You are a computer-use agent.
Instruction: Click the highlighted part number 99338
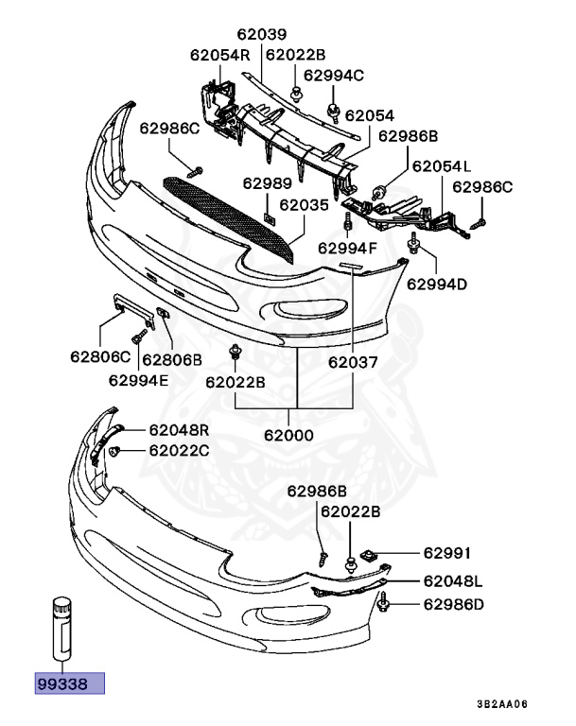coord(69,683)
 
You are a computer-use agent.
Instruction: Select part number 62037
coord(354,362)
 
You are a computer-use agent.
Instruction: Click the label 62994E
coord(138,381)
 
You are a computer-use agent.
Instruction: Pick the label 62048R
coord(178,429)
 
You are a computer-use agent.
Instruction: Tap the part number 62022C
coord(178,451)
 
